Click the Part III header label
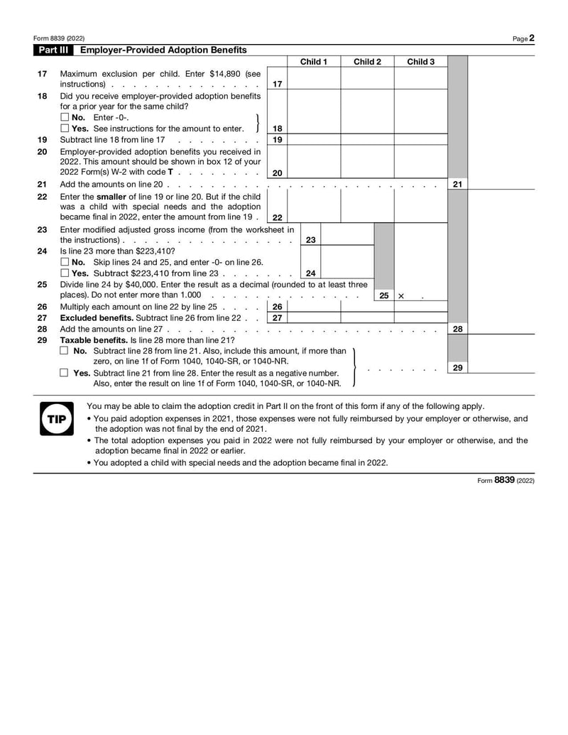(x=55, y=50)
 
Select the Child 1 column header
(x=313, y=62)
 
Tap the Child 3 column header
(x=420, y=62)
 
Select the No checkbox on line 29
(x=65, y=351)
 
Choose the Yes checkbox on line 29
(x=65, y=373)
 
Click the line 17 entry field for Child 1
(x=313, y=79)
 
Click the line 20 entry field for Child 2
(x=367, y=161)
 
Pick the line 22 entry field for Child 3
(x=420, y=207)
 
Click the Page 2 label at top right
(x=523, y=38)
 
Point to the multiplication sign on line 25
(x=401, y=295)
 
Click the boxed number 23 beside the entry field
(x=310, y=240)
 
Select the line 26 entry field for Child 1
(x=313, y=307)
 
